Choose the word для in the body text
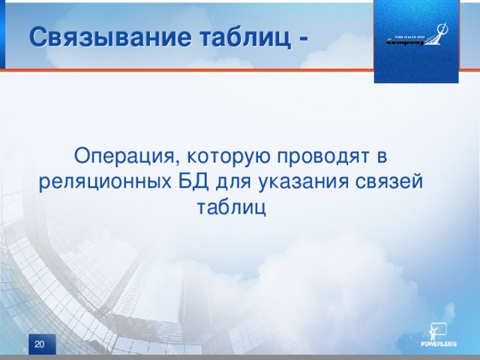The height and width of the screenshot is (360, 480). (x=235, y=181)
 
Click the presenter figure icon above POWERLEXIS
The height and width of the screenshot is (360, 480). (x=437, y=329)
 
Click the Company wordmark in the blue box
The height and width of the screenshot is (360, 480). (x=406, y=42)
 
